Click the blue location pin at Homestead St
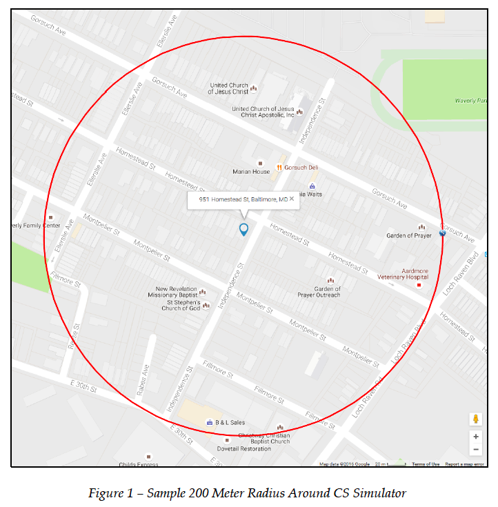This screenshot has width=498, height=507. (243, 230)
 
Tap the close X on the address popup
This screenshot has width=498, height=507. (292, 199)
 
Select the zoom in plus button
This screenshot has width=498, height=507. (475, 437)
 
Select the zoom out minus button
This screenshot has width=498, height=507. (475, 450)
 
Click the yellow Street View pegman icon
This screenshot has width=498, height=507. (475, 419)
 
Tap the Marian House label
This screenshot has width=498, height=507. (250, 172)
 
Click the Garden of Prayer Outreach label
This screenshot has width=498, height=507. (319, 292)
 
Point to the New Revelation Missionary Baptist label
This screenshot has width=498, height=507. (177, 292)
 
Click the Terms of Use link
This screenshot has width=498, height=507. (426, 464)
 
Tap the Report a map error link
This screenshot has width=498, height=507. (464, 464)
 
